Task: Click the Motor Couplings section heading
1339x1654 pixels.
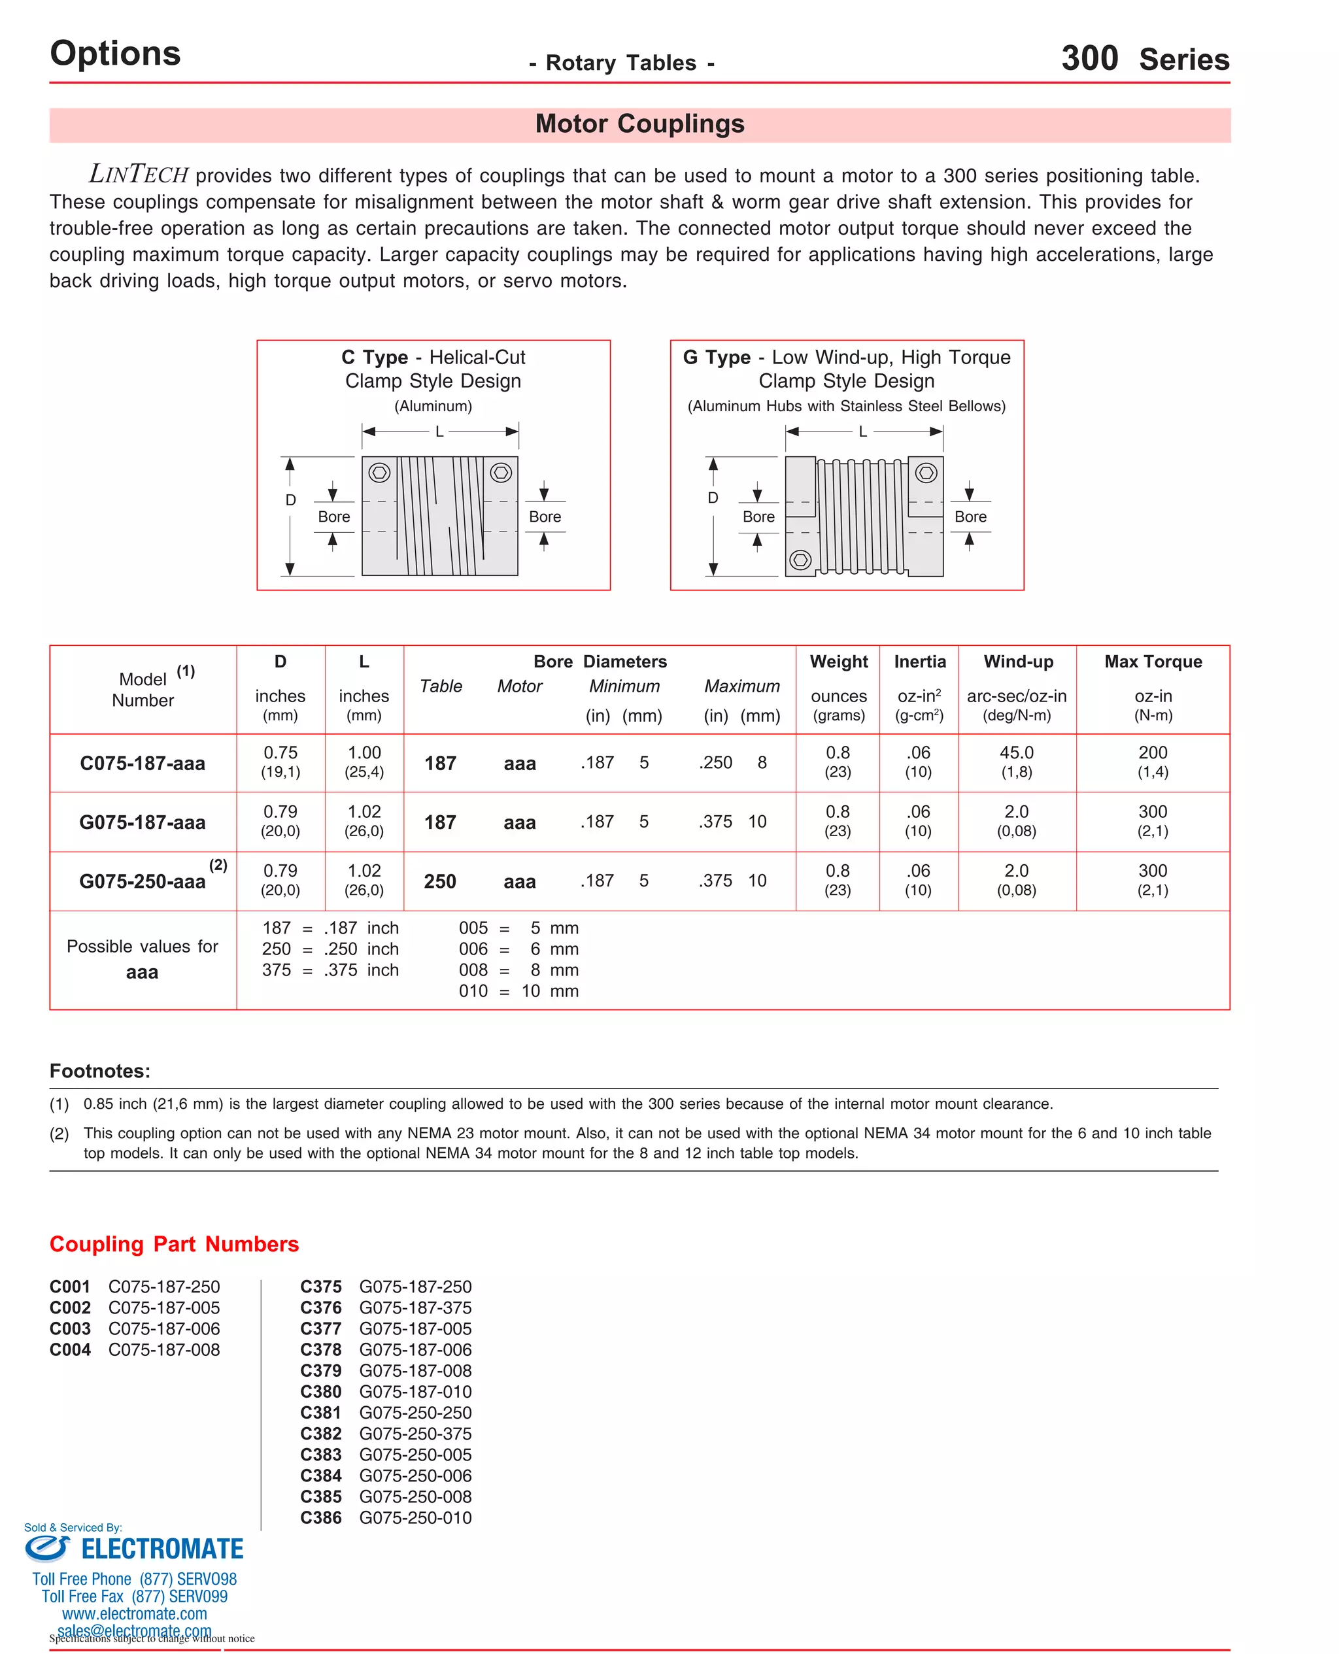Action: (x=639, y=124)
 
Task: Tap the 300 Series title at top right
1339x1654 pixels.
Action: (x=1145, y=59)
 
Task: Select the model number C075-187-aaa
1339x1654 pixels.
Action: (x=143, y=764)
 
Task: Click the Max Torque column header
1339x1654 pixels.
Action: (x=1153, y=662)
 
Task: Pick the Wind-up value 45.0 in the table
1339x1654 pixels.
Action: (x=1016, y=752)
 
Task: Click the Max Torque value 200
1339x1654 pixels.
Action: (x=1153, y=752)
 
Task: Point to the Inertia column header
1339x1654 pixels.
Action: (x=919, y=662)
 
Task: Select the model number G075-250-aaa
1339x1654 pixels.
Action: (x=143, y=881)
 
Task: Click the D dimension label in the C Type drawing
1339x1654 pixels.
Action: (x=291, y=500)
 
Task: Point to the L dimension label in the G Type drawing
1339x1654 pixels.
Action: (x=862, y=432)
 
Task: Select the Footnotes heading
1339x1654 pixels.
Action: (x=100, y=1071)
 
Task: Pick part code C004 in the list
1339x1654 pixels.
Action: (x=70, y=1349)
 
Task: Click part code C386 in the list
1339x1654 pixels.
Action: (x=321, y=1517)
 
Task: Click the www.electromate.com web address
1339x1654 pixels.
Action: (x=134, y=1613)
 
